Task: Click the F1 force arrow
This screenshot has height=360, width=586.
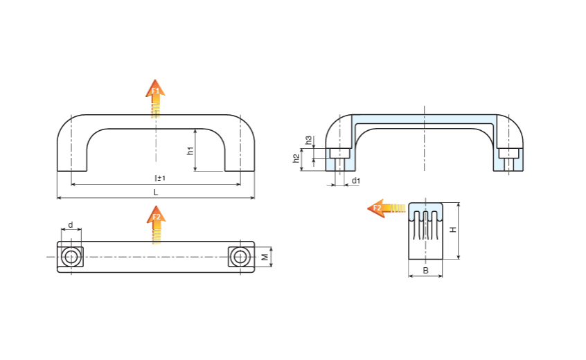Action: (x=155, y=97)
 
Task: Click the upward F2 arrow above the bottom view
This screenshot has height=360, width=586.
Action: (x=156, y=224)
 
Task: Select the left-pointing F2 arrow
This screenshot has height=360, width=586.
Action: (x=385, y=208)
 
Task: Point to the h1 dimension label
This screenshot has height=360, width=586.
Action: (x=190, y=151)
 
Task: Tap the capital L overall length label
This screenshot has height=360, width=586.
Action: (x=156, y=192)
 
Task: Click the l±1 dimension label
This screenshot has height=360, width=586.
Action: (x=160, y=179)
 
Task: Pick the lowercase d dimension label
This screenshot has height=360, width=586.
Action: (x=70, y=226)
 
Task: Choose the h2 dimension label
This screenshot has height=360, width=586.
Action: (x=296, y=160)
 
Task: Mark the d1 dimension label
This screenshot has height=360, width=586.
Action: (x=356, y=181)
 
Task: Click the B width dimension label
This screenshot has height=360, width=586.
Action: (x=425, y=270)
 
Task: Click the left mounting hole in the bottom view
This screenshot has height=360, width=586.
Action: (x=70, y=257)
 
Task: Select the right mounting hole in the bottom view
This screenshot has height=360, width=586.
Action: (x=240, y=257)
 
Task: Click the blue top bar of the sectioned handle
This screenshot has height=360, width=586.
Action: (x=425, y=120)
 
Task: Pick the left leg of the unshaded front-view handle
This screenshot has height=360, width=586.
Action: (x=72, y=149)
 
